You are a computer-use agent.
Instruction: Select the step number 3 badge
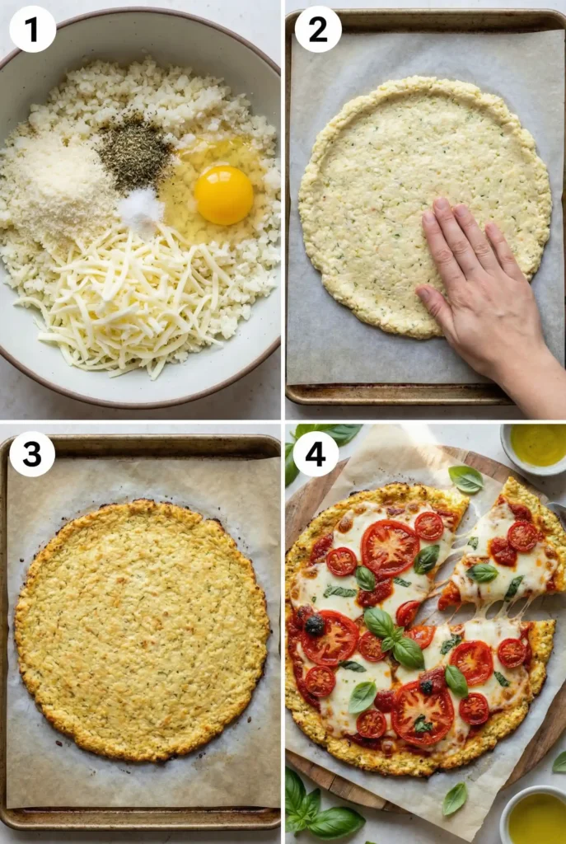point(32,454)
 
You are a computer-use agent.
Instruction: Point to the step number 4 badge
point(316,453)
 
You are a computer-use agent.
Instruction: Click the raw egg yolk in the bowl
point(223,195)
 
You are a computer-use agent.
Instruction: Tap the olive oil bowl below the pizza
point(536,816)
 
